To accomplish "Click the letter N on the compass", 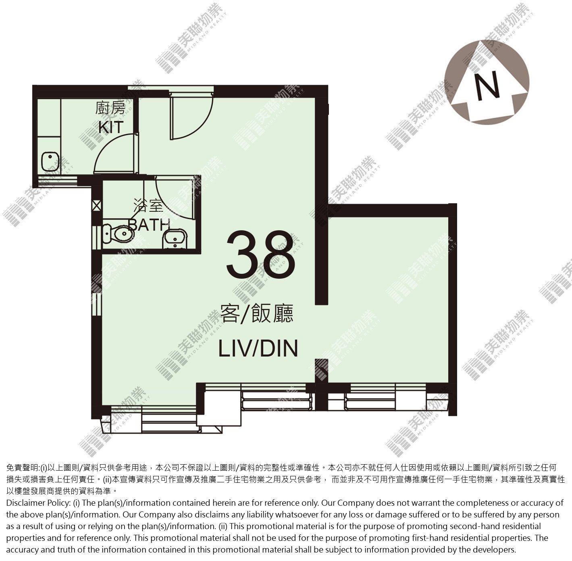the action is click(488, 85).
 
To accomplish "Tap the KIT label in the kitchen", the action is click(111, 127).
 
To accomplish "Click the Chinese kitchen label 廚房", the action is click(110, 108).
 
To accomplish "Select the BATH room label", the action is click(149, 225).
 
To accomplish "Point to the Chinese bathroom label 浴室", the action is click(148, 206).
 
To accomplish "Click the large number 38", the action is click(261, 255).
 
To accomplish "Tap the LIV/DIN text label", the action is click(258, 348).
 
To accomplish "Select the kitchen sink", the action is click(50, 162).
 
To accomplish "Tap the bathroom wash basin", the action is click(175, 239).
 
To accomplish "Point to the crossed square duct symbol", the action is click(96, 206).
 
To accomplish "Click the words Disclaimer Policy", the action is click(38, 503).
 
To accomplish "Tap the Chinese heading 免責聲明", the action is click(22, 468).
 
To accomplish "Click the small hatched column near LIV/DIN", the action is click(321, 370).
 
